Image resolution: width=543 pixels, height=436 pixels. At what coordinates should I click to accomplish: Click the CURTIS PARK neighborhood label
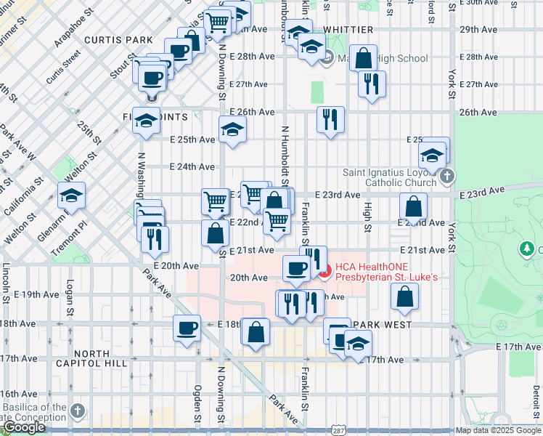point(118,39)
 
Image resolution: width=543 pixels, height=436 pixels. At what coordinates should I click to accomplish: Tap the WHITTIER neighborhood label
point(348,30)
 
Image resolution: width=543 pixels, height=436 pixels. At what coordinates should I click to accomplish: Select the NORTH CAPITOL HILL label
point(91,359)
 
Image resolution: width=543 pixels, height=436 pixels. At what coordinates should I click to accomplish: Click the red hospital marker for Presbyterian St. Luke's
point(324,273)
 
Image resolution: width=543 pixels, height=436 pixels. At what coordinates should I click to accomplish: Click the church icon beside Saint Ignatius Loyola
point(447,175)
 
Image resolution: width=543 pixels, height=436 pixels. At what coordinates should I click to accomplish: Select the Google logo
point(24,427)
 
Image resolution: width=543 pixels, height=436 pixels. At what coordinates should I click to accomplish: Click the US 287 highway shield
point(339,429)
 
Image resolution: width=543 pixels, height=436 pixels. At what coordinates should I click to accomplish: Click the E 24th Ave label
point(192,166)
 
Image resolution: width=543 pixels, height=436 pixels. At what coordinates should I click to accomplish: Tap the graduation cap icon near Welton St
point(72,195)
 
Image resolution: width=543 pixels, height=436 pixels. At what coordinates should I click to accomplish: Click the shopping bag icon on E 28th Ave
point(364,58)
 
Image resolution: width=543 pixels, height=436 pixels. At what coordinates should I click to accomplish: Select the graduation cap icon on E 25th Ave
point(232,130)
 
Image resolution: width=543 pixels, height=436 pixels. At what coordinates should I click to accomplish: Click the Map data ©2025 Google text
point(497,430)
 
